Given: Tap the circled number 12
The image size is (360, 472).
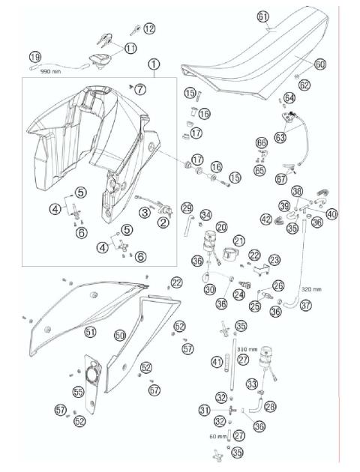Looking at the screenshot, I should pos(149,28).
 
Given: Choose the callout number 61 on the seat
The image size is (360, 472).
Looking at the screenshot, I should pos(262,16).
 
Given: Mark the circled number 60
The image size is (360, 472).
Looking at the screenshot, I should pos(320,64).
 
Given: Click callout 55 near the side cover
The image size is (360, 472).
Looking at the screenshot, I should pos(77,392).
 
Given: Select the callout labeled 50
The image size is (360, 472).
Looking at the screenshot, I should pos(119,336).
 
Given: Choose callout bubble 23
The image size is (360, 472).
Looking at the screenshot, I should pos(274,259).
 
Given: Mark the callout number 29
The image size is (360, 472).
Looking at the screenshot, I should pos(187,208).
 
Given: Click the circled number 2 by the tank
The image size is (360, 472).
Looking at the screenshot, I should pos(163,221).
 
